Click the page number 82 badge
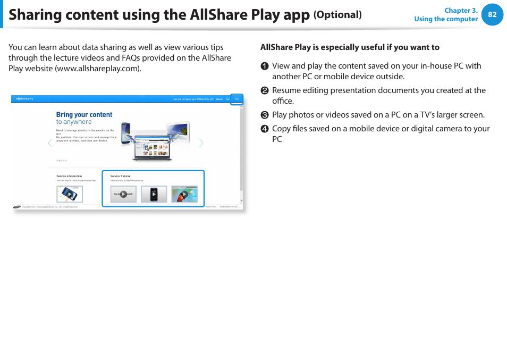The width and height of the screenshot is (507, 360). (x=492, y=15)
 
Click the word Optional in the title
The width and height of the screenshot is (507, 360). (x=337, y=15)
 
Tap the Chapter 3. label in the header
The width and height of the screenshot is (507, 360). (x=461, y=10)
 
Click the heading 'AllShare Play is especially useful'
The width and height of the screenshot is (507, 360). (x=350, y=47)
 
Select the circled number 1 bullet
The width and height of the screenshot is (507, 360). (x=264, y=66)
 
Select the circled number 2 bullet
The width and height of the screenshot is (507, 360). (x=264, y=90)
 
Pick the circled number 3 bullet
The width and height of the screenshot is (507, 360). (x=264, y=115)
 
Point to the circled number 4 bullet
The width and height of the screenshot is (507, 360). (x=264, y=129)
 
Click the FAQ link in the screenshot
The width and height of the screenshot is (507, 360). (x=236, y=99)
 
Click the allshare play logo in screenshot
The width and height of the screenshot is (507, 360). (x=24, y=98)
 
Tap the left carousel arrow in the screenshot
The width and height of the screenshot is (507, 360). (x=50, y=143)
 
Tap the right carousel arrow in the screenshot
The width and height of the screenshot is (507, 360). (x=201, y=143)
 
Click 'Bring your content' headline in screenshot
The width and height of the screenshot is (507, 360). (x=84, y=114)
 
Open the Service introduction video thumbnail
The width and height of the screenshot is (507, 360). (x=69, y=194)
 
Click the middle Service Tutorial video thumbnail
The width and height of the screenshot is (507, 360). (x=154, y=194)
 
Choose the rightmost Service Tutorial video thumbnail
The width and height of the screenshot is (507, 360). (x=184, y=194)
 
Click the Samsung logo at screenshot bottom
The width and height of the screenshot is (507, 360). (x=17, y=207)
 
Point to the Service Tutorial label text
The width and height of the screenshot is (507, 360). (x=120, y=176)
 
